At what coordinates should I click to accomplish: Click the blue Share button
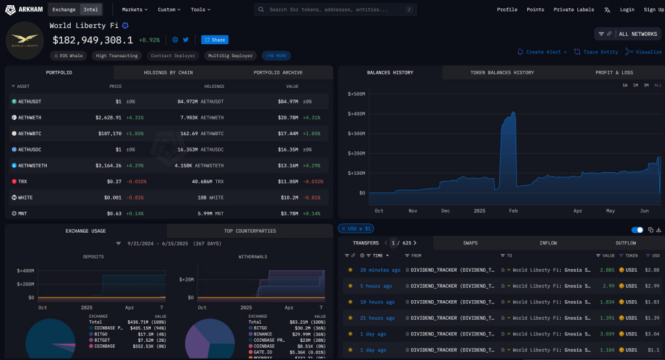tap(214, 40)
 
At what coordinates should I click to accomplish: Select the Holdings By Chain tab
tap(168, 72)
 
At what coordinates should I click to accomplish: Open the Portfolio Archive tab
tap(278, 72)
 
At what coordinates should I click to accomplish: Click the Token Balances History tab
tap(502, 72)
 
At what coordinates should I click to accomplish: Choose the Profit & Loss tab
tap(614, 72)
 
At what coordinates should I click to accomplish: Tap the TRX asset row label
tap(23, 181)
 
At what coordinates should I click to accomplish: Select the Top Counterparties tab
tap(250, 231)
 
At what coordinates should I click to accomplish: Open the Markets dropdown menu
tap(134, 10)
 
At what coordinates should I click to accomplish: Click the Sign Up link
tap(653, 10)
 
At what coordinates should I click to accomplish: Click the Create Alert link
tap(545, 52)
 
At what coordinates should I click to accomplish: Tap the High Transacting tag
tap(116, 56)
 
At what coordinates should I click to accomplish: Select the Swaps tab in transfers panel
tap(470, 243)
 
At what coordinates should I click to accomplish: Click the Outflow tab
tap(625, 243)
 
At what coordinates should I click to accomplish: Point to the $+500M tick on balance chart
tap(357, 94)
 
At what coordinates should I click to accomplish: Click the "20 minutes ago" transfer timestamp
tap(380, 270)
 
